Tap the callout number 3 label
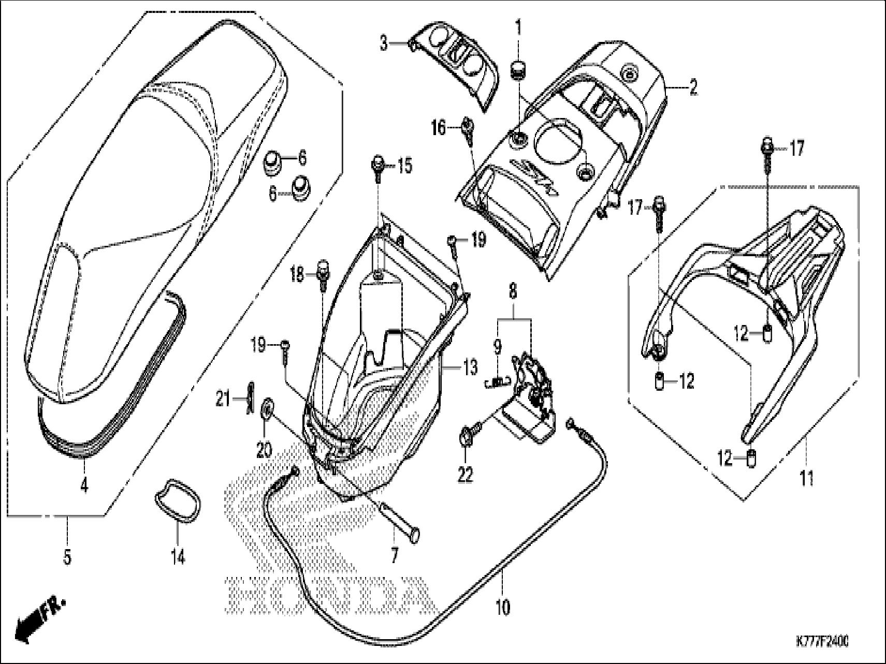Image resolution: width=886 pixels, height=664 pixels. [x=383, y=43]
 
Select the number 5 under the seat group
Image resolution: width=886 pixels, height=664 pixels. [x=67, y=557]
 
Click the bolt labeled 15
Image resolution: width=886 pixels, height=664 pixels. [x=376, y=167]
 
